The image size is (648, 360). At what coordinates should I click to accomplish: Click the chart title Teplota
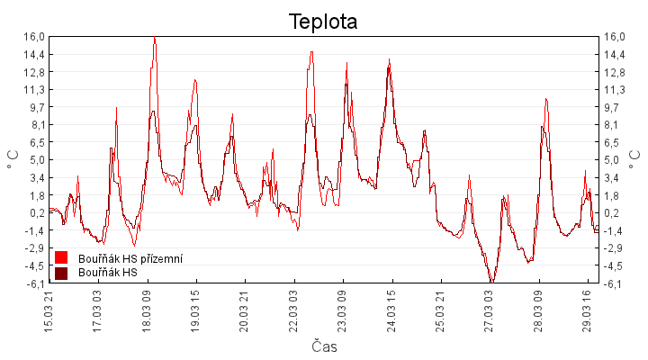323,22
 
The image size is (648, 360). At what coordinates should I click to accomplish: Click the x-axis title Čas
324,346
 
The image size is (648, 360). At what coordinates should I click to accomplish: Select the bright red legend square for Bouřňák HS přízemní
61,259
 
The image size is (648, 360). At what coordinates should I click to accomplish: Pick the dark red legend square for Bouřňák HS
61,273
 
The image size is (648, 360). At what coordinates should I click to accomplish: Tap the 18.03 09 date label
147,309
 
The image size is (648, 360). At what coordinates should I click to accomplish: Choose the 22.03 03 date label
293,309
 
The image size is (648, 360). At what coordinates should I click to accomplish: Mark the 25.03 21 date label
440,309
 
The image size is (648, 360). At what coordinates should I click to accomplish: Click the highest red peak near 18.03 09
155,38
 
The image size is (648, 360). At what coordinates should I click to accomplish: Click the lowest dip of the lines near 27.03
491,282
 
